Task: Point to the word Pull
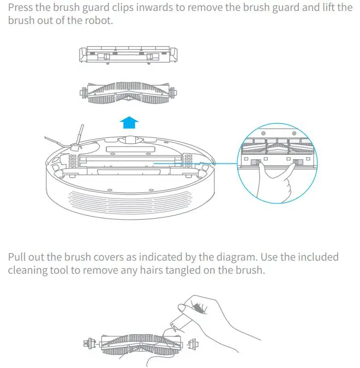click(19, 257)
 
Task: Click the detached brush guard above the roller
click(129, 55)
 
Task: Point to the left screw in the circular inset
click(263, 134)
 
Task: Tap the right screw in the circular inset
click(295, 134)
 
